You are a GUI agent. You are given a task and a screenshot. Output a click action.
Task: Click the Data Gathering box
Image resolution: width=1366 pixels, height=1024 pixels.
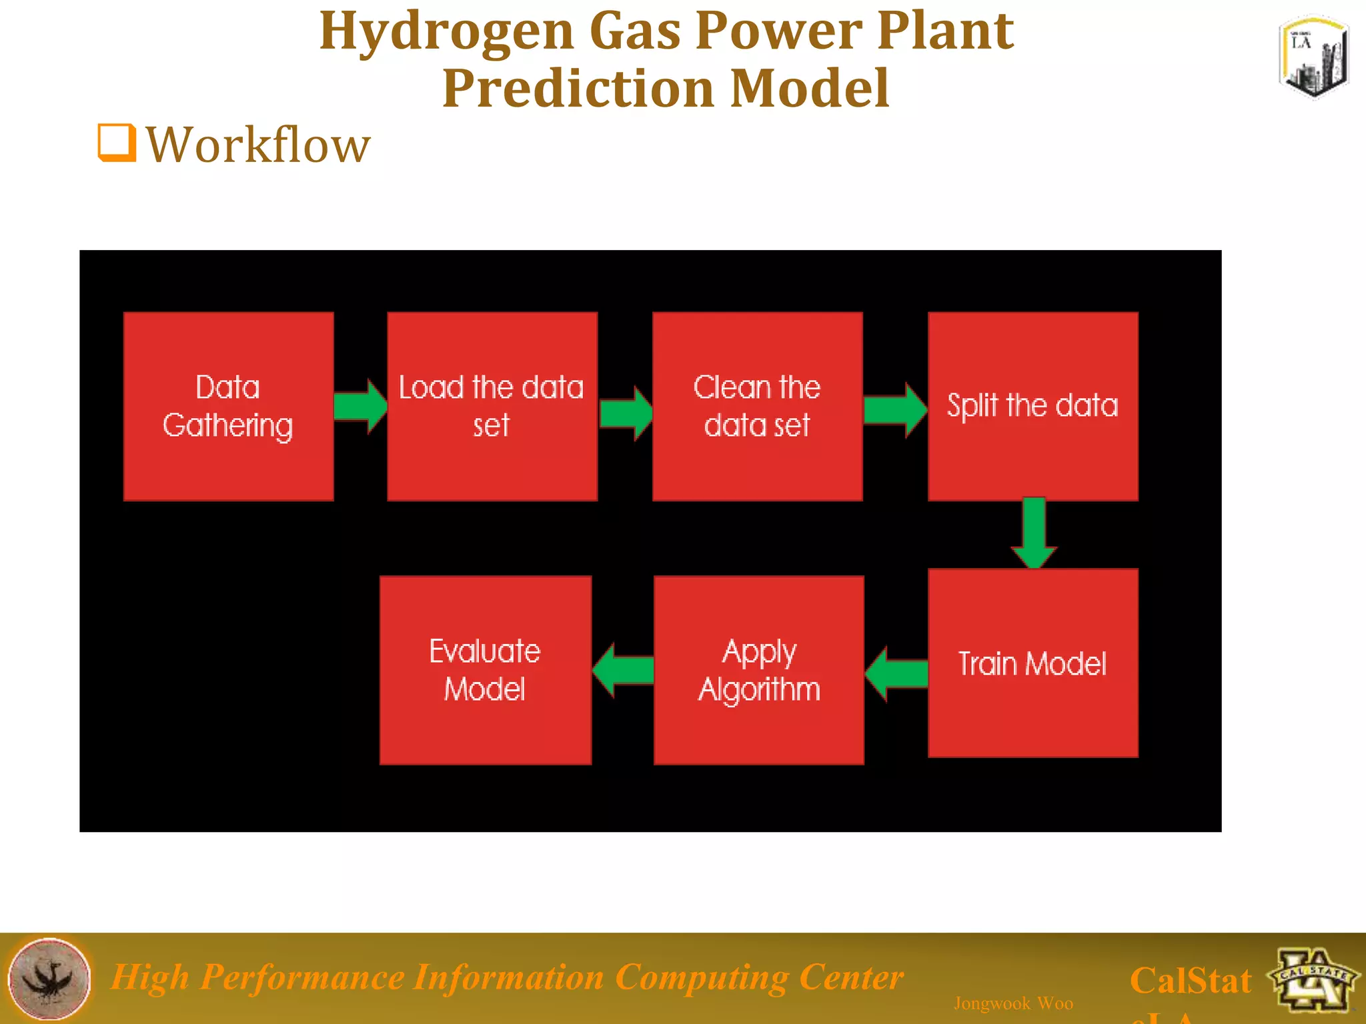coord(228,406)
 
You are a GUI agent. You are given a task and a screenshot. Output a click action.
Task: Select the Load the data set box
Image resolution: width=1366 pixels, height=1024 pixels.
coord(492,406)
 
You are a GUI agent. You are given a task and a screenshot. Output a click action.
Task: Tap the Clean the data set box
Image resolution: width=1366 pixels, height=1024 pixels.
coord(757,406)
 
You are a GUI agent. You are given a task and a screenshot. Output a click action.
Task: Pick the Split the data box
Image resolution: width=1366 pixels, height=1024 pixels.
coord(1033,406)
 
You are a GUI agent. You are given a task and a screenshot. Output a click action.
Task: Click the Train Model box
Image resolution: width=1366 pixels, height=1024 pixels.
coord(1033,663)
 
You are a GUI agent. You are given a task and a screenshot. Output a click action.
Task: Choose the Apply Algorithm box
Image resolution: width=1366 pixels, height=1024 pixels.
coord(759,670)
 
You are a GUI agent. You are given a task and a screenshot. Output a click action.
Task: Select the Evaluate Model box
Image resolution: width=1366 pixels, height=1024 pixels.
coord(485,670)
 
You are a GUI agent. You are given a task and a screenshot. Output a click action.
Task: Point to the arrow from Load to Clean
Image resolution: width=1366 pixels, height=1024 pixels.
coord(626,413)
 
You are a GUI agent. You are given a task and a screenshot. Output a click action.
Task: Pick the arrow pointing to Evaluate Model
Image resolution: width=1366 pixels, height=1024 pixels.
coord(623,670)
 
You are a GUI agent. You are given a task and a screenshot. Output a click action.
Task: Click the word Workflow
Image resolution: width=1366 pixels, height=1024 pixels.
coord(257,145)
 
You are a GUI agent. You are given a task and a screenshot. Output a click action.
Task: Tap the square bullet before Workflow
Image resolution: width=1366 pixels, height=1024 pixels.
coord(117,143)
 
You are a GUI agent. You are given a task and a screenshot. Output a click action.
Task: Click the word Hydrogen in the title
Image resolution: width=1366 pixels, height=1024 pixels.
coord(446,31)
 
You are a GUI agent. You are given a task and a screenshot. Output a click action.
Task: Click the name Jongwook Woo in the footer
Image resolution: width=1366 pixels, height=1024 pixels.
coord(1013,1003)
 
